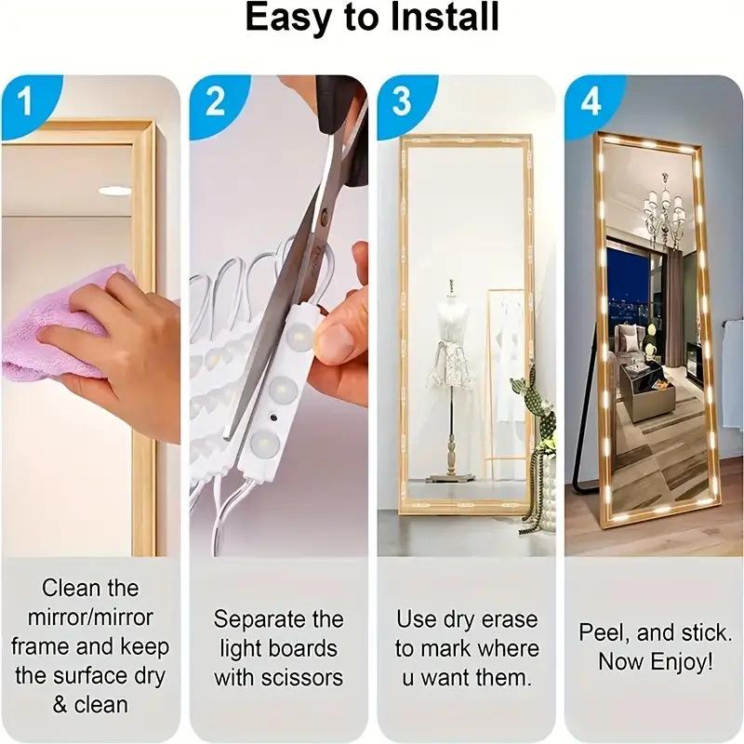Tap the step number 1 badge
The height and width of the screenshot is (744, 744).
click(25, 100)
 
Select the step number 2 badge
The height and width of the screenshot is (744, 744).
click(215, 100)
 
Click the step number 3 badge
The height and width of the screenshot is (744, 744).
click(401, 100)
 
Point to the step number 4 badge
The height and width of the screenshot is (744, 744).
click(591, 100)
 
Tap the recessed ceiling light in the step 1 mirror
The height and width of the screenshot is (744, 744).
click(115, 191)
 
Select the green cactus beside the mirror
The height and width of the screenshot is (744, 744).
click(535, 418)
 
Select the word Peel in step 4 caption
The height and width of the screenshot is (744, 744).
click(601, 633)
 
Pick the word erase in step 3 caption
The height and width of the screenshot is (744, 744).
click(508, 619)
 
